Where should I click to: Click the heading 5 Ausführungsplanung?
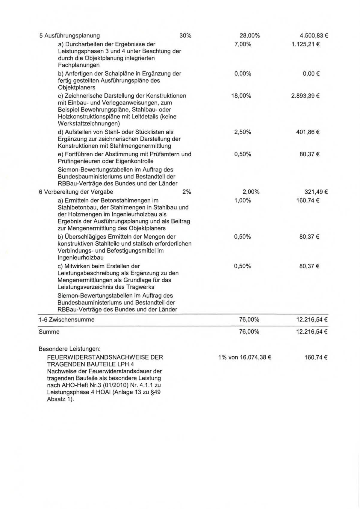69,36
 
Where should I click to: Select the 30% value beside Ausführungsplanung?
185,36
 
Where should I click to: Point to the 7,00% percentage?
243,44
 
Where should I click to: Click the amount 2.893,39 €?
305,96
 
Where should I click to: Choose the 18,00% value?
241,96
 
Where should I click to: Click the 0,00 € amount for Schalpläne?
311,73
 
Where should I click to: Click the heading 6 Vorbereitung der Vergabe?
76,192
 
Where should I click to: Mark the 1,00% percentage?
243,200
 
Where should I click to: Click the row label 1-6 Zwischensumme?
66,319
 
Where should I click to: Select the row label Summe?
49,332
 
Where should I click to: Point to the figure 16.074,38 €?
255,357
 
